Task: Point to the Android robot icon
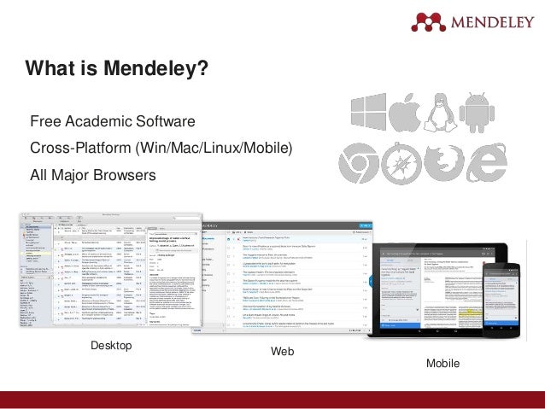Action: [477, 113]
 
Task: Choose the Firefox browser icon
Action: [443, 161]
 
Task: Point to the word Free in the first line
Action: [45, 120]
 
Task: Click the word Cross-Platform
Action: [79, 148]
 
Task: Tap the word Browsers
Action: [126, 175]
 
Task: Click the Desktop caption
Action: [111, 345]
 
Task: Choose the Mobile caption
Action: [442, 364]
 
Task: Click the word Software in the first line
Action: [167, 120]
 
